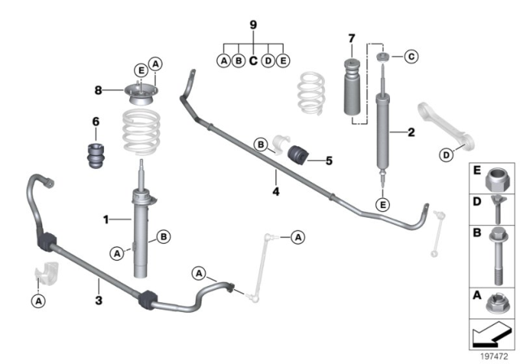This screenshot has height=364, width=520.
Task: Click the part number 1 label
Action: click(105, 219)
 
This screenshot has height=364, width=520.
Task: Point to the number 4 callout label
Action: click(276, 193)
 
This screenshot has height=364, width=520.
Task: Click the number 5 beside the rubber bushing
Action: click(328, 161)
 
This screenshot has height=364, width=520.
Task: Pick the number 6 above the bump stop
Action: click(95, 122)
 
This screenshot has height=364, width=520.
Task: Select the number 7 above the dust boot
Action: click(351, 39)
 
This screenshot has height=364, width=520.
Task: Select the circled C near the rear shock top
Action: click(411, 57)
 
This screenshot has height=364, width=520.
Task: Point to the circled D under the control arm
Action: click(446, 155)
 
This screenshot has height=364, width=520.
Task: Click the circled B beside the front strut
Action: click(163, 236)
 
